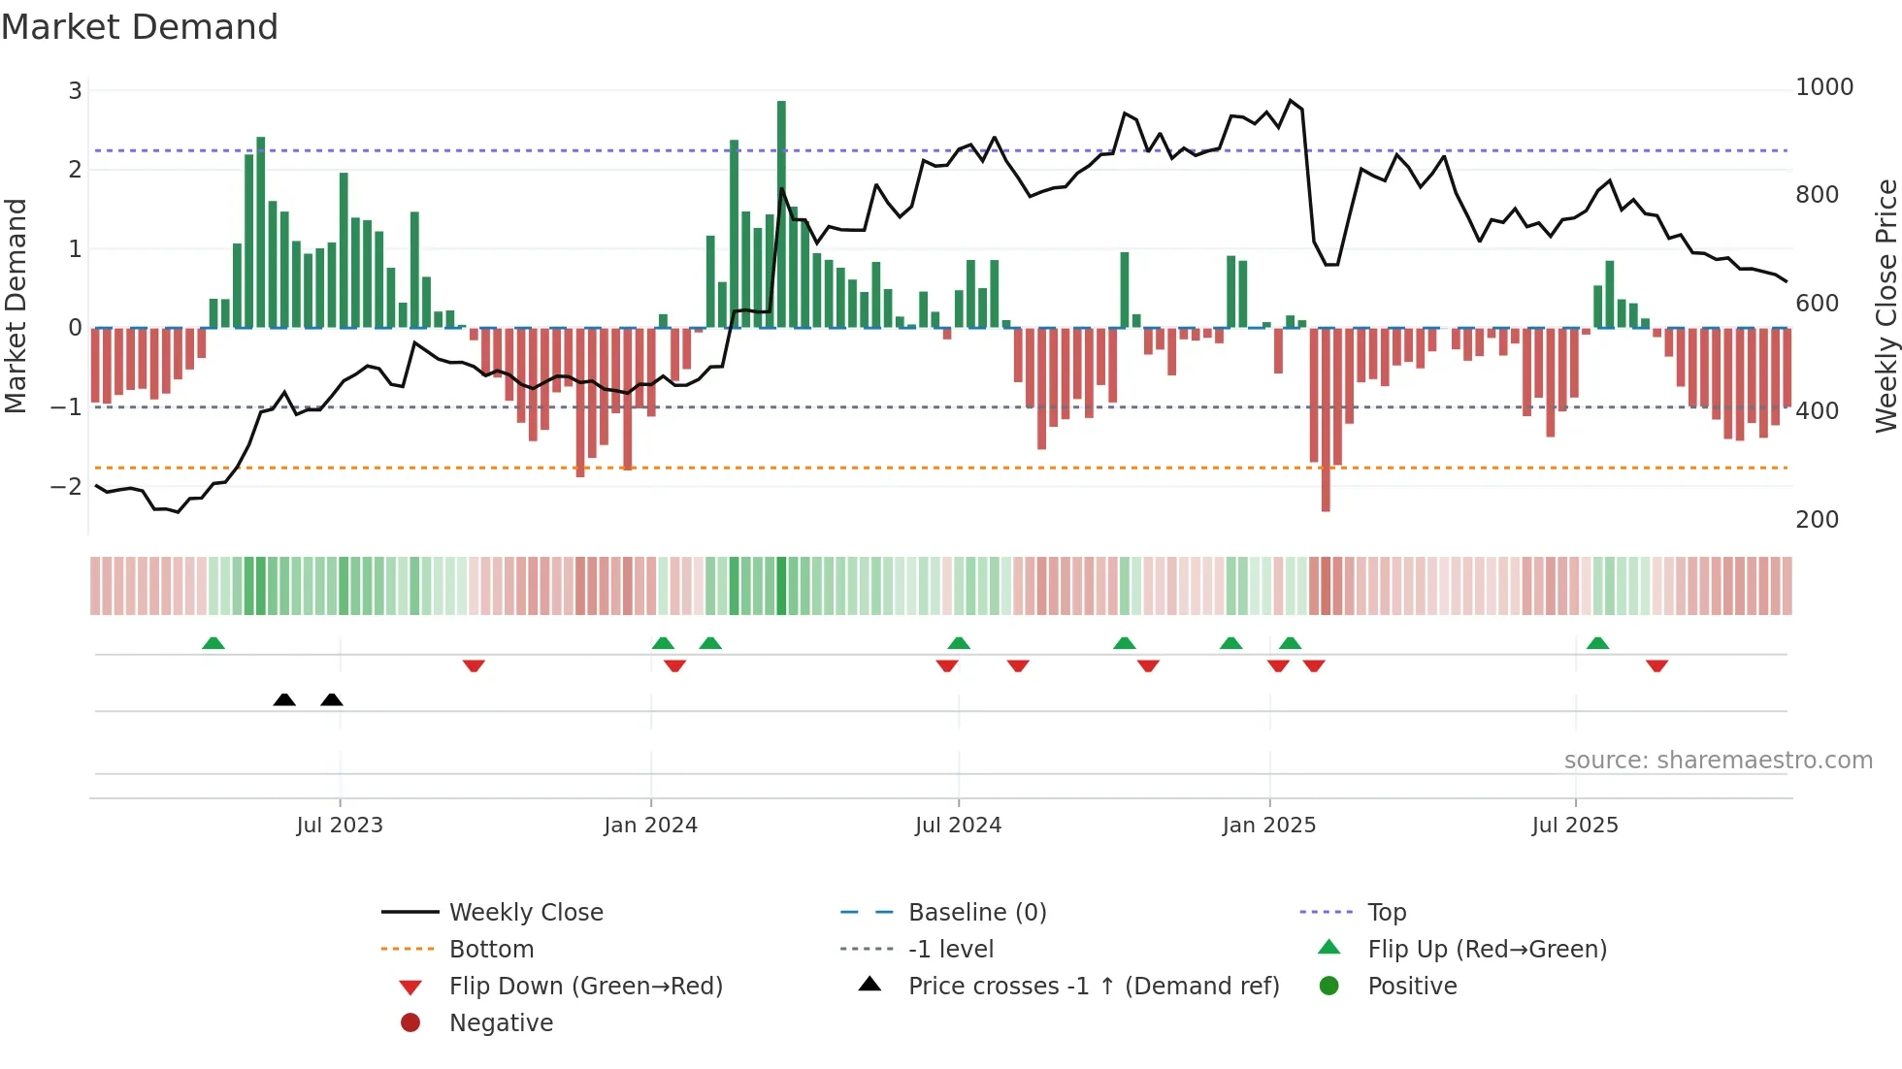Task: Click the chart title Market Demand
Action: [x=140, y=27]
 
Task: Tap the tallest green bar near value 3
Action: [x=781, y=213]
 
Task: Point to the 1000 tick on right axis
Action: [x=1823, y=87]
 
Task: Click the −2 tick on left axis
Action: [x=67, y=486]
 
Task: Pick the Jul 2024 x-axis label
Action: [x=958, y=826]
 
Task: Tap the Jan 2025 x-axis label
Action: [x=1268, y=826]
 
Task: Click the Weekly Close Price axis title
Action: [x=1886, y=306]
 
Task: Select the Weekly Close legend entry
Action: [x=525, y=913]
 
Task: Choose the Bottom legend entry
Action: [x=491, y=950]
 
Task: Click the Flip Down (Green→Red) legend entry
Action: [x=585, y=987]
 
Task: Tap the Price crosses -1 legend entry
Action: [x=1093, y=987]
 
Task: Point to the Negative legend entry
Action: [x=501, y=1023]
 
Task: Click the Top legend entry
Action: [x=1386, y=913]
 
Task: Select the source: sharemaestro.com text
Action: [x=1718, y=761]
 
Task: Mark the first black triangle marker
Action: [x=284, y=700]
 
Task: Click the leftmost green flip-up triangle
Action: [x=213, y=643]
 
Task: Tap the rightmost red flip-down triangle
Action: [x=1656, y=665]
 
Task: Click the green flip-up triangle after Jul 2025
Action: [x=1597, y=643]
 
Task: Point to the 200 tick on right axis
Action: [x=1817, y=520]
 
